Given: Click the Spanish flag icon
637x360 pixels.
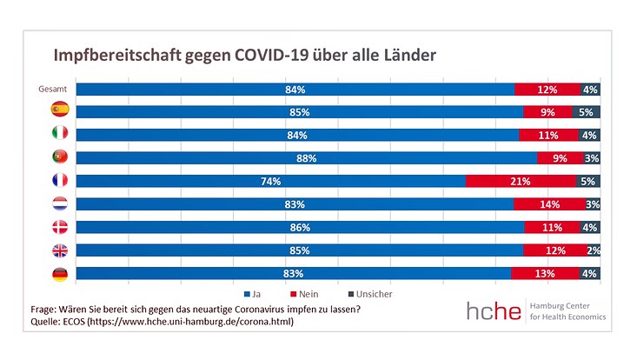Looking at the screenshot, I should [x=60, y=111].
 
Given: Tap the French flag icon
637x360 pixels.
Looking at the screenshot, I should [x=60, y=181].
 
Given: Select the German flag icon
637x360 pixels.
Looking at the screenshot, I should [x=60, y=274].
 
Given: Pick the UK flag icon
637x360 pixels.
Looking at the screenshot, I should [x=60, y=250].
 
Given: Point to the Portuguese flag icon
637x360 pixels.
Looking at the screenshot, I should [x=60, y=157].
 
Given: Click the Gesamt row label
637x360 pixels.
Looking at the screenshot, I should [x=55, y=89].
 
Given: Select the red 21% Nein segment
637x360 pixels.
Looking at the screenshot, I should [x=521, y=181].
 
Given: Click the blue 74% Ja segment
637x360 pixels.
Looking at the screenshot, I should [x=270, y=181].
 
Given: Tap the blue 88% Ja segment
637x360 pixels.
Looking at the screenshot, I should [x=306, y=157].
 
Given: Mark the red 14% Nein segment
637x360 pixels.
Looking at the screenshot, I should [x=548, y=204].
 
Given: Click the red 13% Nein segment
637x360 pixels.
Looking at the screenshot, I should [x=545, y=274].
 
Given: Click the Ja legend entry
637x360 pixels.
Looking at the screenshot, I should [x=254, y=294].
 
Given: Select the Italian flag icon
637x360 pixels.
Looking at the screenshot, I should [x=60, y=135].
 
